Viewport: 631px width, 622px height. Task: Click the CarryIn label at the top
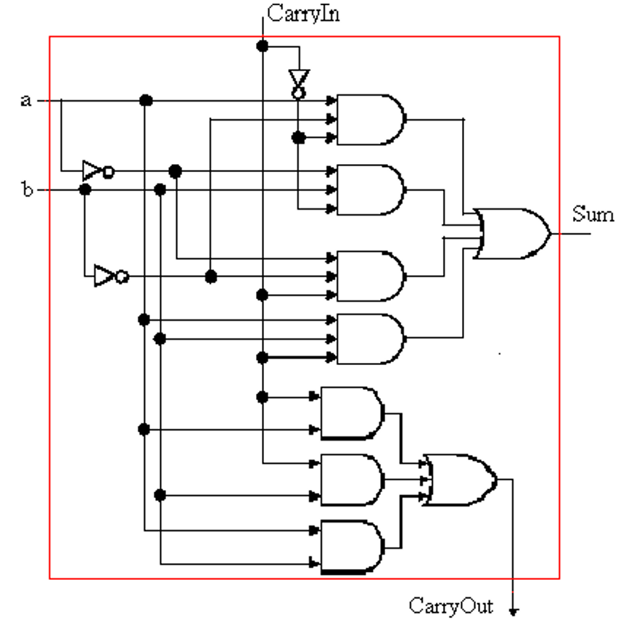(303, 12)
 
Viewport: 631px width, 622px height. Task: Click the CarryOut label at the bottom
(451, 605)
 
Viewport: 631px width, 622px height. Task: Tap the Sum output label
(593, 214)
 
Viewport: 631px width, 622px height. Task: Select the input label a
(25, 100)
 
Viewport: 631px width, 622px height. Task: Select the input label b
(26, 190)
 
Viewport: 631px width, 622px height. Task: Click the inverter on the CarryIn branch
(297, 82)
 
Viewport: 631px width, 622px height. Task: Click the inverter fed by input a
(96, 171)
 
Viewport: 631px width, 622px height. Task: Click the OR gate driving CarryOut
(459, 479)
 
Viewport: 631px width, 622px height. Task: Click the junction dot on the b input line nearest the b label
(85, 190)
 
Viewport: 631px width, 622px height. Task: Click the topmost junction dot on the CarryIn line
(263, 46)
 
